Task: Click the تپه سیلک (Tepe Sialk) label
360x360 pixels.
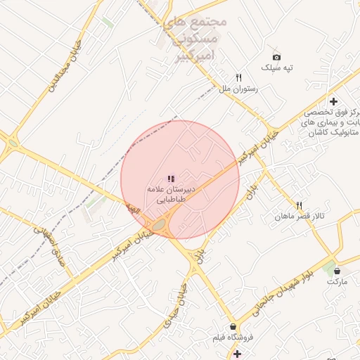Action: pos(276,68)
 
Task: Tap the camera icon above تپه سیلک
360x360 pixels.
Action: pos(276,57)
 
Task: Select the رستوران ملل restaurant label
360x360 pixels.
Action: pos(239,89)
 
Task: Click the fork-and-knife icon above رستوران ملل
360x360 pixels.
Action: pos(239,78)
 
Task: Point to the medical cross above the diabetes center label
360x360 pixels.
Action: pos(333,102)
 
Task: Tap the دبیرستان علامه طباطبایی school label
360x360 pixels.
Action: pos(170,194)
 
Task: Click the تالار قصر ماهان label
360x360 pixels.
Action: pos(300,216)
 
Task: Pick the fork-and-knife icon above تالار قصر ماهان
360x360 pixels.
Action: pos(300,205)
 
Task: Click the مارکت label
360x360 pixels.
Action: pos(337,281)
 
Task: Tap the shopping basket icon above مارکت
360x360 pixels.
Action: pos(337,271)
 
